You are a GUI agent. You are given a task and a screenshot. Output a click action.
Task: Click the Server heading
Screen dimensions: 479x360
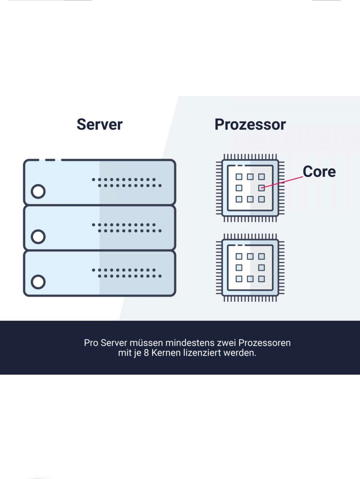(x=100, y=124)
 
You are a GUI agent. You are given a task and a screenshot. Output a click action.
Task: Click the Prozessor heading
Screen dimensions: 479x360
(x=250, y=124)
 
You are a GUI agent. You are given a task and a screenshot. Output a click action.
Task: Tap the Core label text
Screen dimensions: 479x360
(x=319, y=172)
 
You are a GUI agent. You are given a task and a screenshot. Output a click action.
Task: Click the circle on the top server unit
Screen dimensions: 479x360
(x=38, y=191)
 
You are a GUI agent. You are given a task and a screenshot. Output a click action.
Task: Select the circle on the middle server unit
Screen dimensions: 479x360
(x=38, y=237)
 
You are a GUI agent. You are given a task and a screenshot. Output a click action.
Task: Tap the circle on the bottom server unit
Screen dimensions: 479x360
(x=38, y=282)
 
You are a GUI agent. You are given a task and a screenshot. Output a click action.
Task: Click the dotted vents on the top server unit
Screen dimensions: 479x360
(x=127, y=182)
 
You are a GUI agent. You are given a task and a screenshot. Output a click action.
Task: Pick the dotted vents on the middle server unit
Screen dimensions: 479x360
(x=127, y=228)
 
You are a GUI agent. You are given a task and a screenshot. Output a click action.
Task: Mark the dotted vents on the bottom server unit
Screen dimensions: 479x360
(x=127, y=273)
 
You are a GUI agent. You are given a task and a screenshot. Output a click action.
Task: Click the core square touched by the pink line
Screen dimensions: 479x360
(x=261, y=188)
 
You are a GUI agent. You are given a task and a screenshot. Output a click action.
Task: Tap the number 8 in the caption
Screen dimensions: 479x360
(x=146, y=353)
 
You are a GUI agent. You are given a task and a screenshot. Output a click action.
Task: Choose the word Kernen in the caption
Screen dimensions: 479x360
(x=166, y=353)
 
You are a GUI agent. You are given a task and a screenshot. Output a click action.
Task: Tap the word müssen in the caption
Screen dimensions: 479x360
(x=146, y=343)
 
